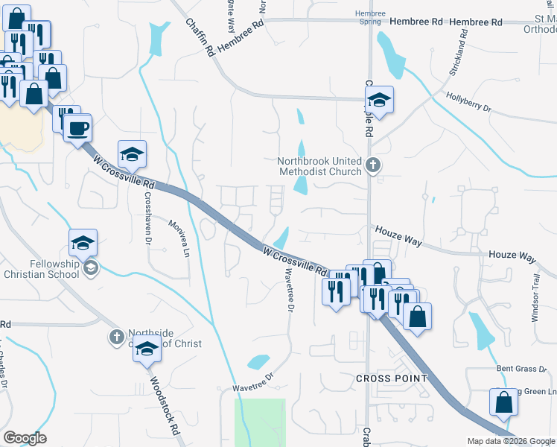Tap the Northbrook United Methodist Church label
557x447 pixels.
coord(319,165)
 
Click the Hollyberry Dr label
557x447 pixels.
coord(469,103)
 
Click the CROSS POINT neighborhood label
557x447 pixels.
coord(392,378)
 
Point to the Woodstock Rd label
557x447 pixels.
coord(165,406)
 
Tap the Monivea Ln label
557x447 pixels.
coord(179,238)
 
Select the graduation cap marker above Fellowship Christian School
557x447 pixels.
coord(83,241)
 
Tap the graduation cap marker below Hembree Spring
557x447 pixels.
coord(379,100)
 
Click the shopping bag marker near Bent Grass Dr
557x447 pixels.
coord(504,402)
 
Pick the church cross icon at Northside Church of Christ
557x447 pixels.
coord(116,338)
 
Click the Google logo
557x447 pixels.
coord(25,438)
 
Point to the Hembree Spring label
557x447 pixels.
coord(370,18)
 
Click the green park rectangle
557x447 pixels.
coord(261,422)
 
